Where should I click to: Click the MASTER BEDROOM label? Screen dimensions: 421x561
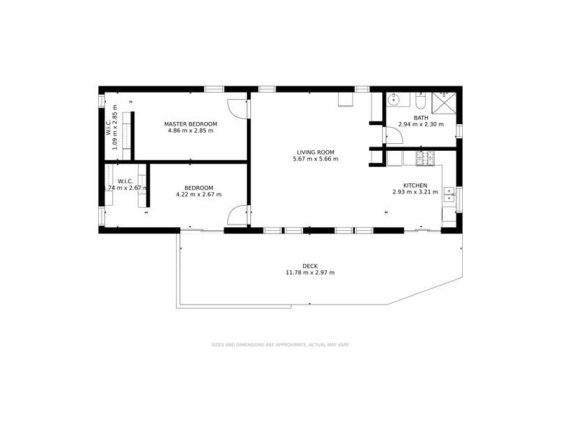tap(191, 124)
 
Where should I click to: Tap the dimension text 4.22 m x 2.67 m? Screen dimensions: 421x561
tap(198, 194)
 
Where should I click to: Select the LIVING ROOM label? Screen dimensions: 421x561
tap(316, 152)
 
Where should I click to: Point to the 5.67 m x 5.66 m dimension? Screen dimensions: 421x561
tap(316, 159)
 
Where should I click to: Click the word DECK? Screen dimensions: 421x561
tap(309, 266)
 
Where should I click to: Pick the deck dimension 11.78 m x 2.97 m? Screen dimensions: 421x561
tap(309, 273)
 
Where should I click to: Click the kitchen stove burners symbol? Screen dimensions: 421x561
tap(425, 159)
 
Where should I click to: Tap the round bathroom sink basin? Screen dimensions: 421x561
tap(393, 99)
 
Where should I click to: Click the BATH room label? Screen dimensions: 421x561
tap(421, 118)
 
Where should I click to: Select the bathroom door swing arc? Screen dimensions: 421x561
tap(391, 138)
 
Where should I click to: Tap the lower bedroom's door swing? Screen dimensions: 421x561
tap(237, 214)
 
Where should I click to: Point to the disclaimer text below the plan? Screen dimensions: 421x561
tap(280, 345)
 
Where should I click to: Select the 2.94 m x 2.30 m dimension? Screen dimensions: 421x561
tap(421, 125)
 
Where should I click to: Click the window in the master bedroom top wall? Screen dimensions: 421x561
tap(214, 89)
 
